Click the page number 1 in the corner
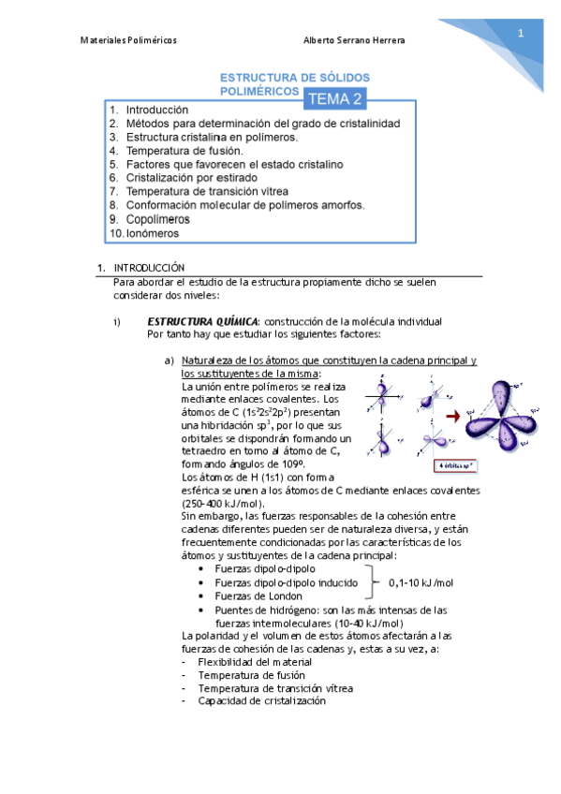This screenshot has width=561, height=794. [x=520, y=34]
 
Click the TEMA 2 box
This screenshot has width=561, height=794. [x=334, y=98]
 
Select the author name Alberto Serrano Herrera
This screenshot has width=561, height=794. [x=354, y=40]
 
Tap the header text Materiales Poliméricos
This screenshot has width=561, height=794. [x=128, y=40]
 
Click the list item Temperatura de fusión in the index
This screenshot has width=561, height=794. [x=184, y=151]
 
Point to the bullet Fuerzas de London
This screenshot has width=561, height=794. [x=258, y=595]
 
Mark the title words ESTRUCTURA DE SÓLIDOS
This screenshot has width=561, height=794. [x=294, y=77]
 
